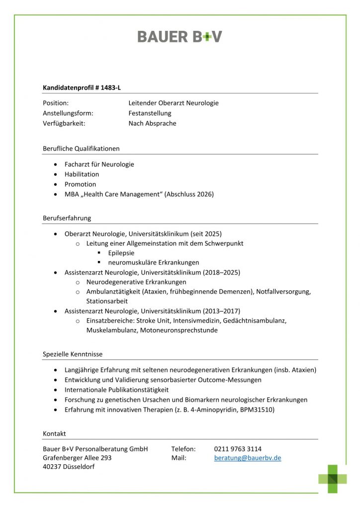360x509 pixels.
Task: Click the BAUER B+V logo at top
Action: click(180, 36)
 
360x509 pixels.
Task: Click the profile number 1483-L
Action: click(110, 87)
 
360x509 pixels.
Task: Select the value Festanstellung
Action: click(150, 113)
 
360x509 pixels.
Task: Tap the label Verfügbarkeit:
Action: click(64, 123)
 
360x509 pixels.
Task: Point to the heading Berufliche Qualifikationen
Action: click(81, 148)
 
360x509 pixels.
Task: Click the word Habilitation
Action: click(82, 174)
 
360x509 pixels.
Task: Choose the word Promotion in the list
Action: click(80, 184)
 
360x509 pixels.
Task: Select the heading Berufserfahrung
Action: click(67, 218)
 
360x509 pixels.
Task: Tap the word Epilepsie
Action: click(121, 253)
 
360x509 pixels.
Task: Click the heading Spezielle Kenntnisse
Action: click(73, 354)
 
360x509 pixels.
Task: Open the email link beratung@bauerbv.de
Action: click(247, 458)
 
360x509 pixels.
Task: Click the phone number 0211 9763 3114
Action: click(238, 448)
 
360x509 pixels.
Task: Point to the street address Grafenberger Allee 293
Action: click(77, 458)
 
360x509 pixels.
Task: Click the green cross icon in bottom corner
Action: click(333, 478)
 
